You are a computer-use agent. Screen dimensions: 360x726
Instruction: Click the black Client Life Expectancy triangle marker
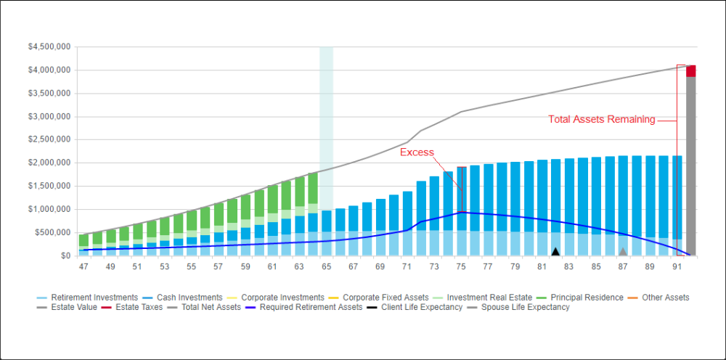[555, 252]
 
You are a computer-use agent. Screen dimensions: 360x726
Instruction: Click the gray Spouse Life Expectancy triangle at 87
[623, 252]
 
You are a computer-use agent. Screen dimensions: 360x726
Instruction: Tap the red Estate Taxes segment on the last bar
[691, 70]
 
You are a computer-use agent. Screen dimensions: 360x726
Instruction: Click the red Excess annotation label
[417, 152]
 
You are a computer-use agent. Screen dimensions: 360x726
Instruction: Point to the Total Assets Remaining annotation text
[601, 120]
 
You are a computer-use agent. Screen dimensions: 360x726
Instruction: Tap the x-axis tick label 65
[327, 267]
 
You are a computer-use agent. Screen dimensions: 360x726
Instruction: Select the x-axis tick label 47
[83, 267]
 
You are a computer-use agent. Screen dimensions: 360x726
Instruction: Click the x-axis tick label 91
[677, 267]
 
